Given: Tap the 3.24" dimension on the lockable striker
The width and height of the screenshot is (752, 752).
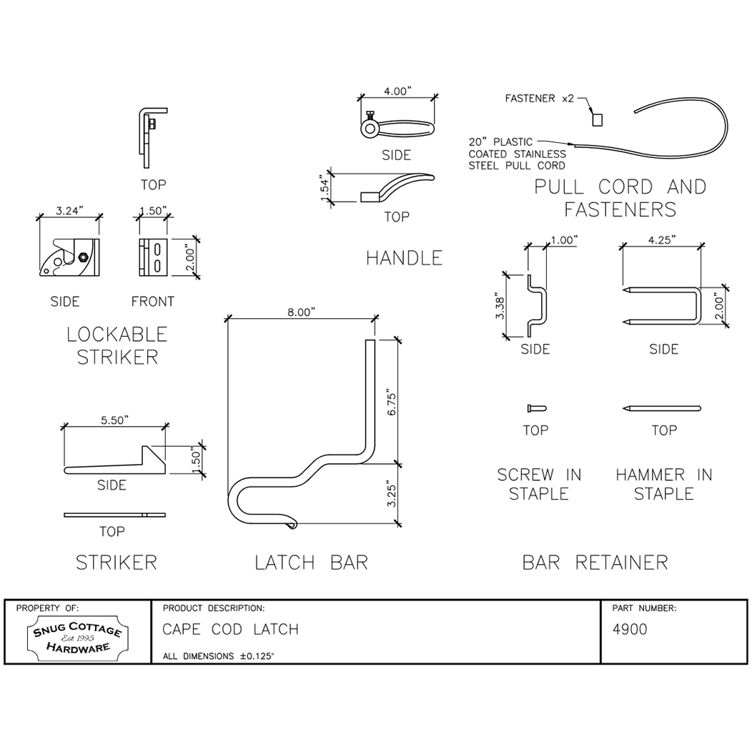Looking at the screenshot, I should click(69, 211).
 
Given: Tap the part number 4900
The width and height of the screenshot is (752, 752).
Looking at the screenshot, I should click(630, 630).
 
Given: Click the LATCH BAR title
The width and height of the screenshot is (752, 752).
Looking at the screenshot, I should click(311, 563).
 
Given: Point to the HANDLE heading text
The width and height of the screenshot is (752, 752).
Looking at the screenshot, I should click(404, 258).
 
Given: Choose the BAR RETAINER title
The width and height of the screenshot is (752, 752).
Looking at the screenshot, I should click(595, 563).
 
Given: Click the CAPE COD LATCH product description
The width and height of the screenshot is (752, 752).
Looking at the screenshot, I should click(230, 630).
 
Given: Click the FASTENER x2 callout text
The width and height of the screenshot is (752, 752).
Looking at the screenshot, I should click(539, 98).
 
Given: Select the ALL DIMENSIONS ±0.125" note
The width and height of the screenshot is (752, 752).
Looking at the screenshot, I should click(218, 655).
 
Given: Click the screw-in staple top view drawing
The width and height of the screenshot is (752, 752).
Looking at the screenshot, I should click(535, 408).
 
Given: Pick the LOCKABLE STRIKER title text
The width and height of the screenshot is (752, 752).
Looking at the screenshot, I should click(117, 345).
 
